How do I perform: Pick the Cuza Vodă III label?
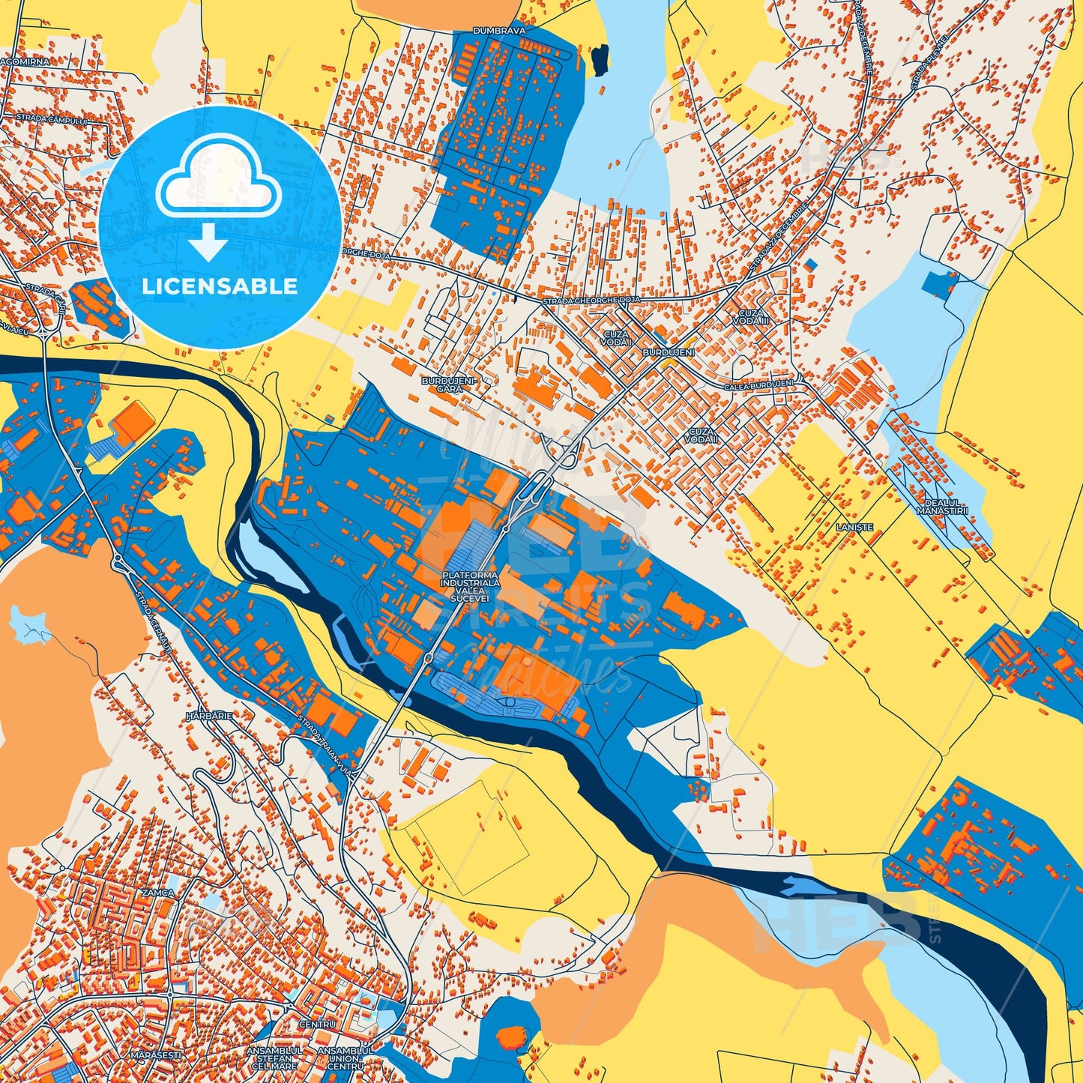tap(752, 316)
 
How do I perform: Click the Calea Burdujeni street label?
tap(758, 385)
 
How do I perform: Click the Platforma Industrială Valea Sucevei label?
tap(470, 587)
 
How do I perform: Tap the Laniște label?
tap(854, 528)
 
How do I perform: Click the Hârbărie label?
tap(209, 716)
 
